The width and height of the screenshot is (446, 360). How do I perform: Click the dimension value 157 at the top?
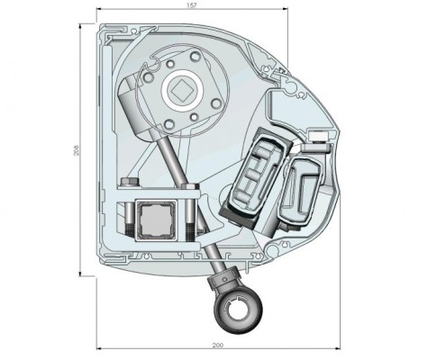[191, 5]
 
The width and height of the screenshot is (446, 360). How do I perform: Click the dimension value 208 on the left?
[76, 150]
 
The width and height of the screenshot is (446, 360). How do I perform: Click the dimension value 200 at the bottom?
[218, 346]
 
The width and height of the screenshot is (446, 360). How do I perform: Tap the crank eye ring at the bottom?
[238, 312]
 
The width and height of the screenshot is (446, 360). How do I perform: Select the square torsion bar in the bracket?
[155, 219]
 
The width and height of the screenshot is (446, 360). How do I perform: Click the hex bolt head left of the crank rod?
[130, 182]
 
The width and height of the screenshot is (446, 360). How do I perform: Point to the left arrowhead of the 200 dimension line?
[99, 348]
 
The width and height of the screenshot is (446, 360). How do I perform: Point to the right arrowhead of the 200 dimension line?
[337, 348]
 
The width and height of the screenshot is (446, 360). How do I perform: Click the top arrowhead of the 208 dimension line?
[80, 26]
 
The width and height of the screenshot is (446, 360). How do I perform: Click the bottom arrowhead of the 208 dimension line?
[80, 273]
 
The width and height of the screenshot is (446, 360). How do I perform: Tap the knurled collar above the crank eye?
[226, 279]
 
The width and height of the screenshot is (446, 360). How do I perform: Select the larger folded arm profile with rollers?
[259, 174]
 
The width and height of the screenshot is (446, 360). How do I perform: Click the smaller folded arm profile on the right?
[300, 191]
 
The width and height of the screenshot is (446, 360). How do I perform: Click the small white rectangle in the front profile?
[318, 137]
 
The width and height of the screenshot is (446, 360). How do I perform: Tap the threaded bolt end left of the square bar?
[129, 229]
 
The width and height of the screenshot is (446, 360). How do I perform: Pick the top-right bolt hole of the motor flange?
[196, 56]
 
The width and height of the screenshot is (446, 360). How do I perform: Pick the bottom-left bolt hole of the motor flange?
[169, 123]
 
